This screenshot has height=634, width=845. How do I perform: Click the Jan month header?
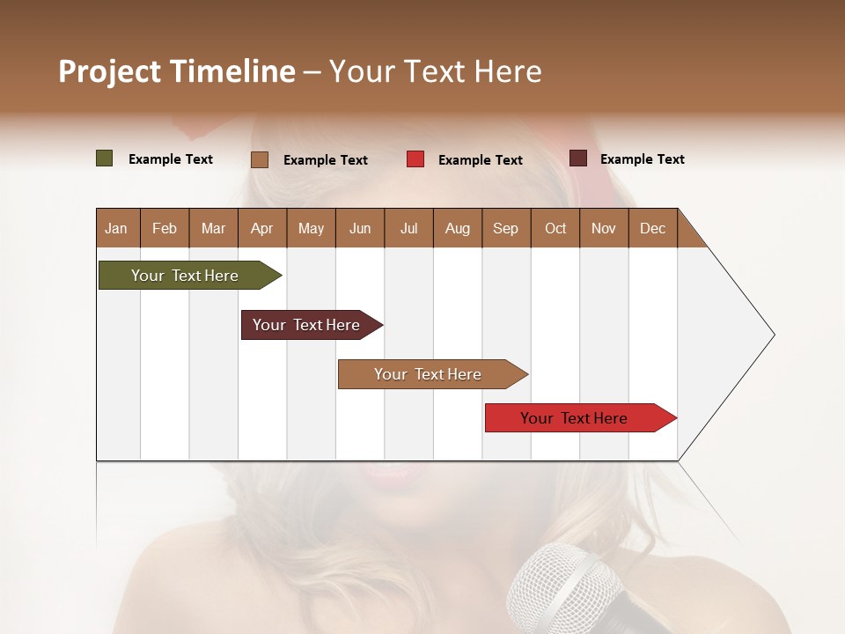pyautogui.click(x=116, y=228)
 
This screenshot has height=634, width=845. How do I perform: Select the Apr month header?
pyautogui.click(x=261, y=228)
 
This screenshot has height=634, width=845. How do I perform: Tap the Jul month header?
pyautogui.click(x=408, y=228)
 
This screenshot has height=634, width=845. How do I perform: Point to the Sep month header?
pyautogui.click(x=505, y=228)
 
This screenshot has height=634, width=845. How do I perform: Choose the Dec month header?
pyautogui.click(x=652, y=228)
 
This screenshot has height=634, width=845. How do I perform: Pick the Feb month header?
pyautogui.click(x=165, y=228)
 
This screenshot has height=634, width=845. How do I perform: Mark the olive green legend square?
pyautogui.click(x=104, y=158)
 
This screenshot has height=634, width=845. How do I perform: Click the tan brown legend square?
pyautogui.click(x=259, y=159)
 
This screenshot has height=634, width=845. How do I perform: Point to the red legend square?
pyautogui.click(x=415, y=159)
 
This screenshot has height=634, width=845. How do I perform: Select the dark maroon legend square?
pyautogui.click(x=577, y=158)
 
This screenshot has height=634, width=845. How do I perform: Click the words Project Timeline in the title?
pyautogui.click(x=176, y=71)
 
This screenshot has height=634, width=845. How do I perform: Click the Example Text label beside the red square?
pyautogui.click(x=480, y=160)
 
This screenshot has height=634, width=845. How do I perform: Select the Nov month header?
pyautogui.click(x=603, y=228)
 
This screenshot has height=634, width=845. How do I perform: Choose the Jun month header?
pyautogui.click(x=359, y=228)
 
